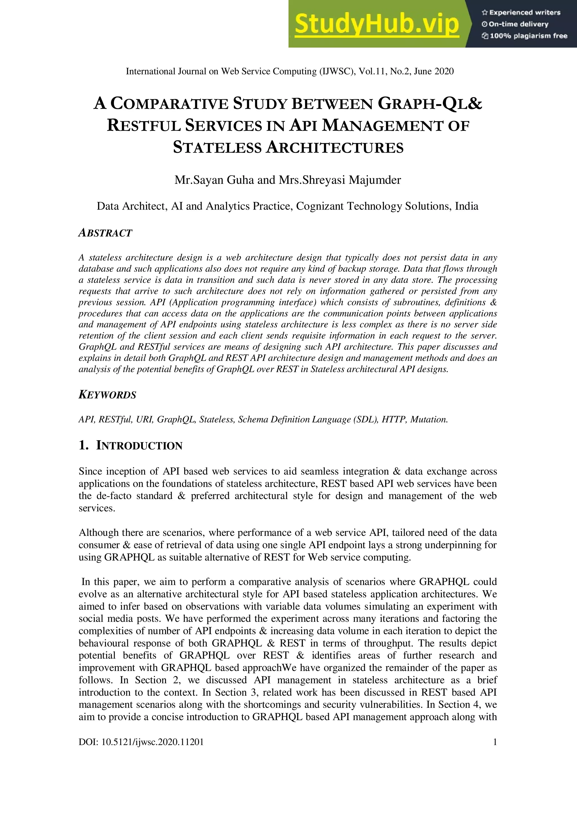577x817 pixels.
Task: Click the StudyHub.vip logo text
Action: [x=377, y=24]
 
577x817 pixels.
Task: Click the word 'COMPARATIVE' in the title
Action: [x=169, y=104]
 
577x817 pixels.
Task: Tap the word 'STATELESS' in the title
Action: [x=217, y=147]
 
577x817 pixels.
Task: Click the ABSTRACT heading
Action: [x=105, y=233]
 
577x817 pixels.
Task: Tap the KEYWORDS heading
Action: [x=107, y=395]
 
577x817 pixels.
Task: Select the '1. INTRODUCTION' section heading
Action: [x=130, y=446]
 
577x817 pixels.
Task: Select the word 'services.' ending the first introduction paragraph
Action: [x=97, y=508]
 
